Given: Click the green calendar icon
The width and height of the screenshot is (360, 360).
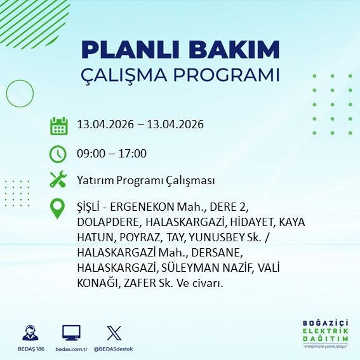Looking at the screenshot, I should (58, 126).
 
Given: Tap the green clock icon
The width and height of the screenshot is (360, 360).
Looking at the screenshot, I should (58, 153).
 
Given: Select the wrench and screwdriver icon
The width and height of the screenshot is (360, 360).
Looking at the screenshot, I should (58, 180).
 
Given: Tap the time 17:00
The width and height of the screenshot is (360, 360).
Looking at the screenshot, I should (134, 153).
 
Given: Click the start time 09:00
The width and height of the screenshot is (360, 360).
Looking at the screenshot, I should (90, 153).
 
